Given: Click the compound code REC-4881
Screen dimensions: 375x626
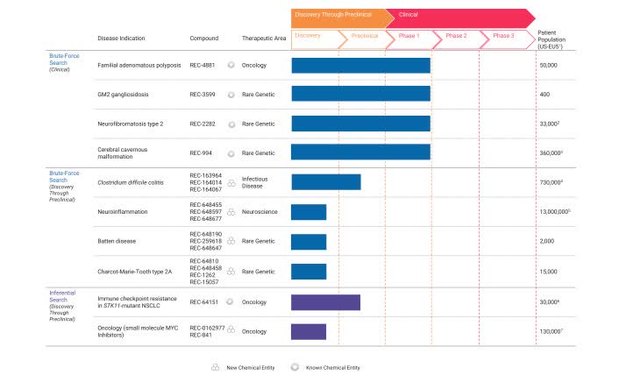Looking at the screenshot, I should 204,66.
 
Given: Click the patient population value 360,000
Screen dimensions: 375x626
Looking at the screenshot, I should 551,152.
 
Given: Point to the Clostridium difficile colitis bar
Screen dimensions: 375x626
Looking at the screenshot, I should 325,182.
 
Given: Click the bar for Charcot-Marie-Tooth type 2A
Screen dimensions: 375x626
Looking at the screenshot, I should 309,272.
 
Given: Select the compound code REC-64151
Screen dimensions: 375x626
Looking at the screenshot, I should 206,302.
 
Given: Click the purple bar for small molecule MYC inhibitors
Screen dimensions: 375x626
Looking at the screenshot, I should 309,331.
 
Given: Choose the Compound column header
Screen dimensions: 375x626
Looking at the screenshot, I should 204,39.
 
